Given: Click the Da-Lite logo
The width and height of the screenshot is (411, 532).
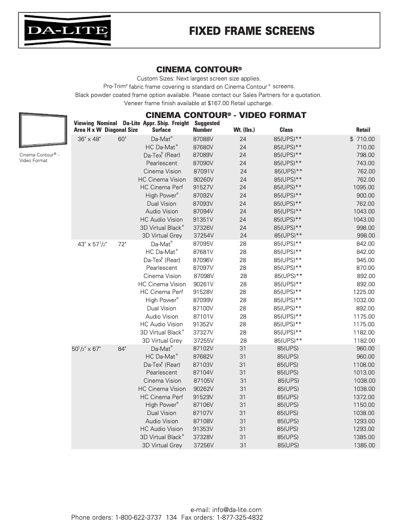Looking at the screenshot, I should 68,31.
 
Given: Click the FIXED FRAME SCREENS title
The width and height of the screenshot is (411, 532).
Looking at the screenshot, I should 252,31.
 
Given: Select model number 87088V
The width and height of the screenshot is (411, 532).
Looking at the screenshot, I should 203,139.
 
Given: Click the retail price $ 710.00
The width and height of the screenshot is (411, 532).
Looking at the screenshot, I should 362,139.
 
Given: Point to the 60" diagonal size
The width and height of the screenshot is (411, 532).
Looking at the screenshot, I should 122,139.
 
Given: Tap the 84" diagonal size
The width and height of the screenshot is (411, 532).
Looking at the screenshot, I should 122,349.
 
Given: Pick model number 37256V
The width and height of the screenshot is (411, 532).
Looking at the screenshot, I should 203,445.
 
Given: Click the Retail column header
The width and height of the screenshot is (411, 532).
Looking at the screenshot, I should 363,130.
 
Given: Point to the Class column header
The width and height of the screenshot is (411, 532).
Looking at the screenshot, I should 286,130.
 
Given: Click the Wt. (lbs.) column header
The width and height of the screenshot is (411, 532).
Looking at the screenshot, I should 244,130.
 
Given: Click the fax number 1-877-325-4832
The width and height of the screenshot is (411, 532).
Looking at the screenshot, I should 240,518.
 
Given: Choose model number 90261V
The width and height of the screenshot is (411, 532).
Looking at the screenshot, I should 203,284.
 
